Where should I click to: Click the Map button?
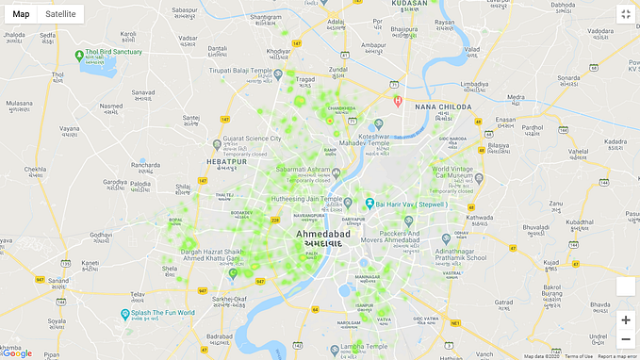click(21, 14)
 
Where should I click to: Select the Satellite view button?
click(60, 14)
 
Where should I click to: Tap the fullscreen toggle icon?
click(625, 14)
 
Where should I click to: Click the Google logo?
click(16, 353)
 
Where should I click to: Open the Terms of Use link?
click(579, 356)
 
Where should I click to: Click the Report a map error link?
click(617, 356)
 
